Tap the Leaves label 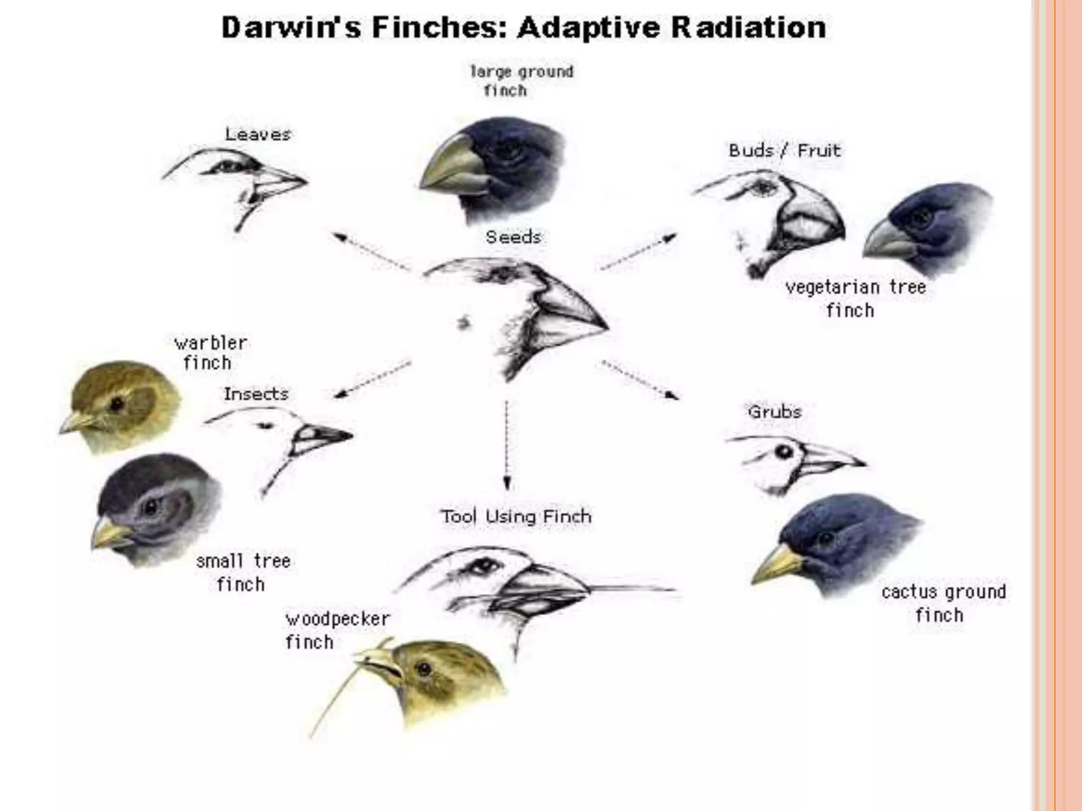point(258,134)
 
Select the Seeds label point(513,237)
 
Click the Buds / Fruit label point(785,150)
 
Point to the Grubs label point(775,412)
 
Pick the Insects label point(256,394)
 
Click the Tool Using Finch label point(516,516)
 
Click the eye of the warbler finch point(117,405)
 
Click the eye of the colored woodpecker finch point(424,670)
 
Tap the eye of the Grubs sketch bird point(784,452)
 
